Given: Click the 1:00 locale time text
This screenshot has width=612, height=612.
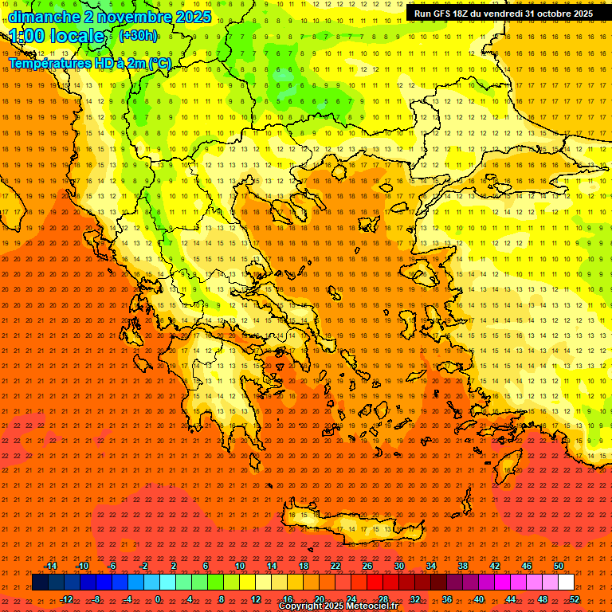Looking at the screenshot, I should (57, 37).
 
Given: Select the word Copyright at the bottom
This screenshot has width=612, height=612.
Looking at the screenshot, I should (300, 606).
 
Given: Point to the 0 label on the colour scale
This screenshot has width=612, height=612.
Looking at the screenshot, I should (158, 598).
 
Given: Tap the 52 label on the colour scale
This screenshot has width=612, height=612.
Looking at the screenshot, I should (575, 598).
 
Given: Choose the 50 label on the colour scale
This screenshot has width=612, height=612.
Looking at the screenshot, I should (559, 566).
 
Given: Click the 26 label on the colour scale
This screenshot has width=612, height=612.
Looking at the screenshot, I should (367, 566).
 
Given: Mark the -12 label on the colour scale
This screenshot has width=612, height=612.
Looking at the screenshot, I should (66, 598).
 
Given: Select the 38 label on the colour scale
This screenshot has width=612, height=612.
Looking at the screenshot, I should (463, 566).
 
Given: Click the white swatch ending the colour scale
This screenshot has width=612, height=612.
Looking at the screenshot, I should (566, 583).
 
